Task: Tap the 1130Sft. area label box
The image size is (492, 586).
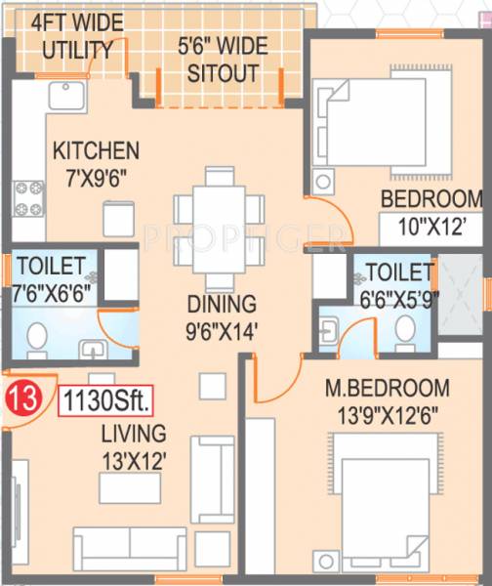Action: pos(107,401)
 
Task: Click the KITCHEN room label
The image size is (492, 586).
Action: pos(96,151)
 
